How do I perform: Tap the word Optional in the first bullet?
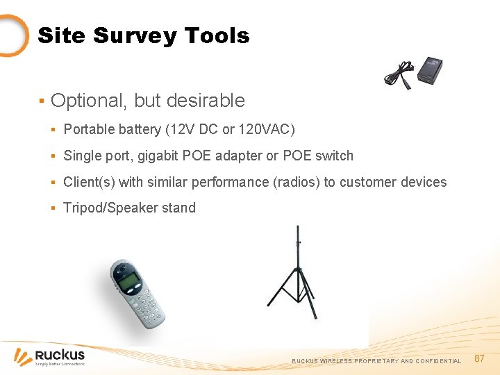tap(87, 101)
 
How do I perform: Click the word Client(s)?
tap(90, 182)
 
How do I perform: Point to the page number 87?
tap(479, 358)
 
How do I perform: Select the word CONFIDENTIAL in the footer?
tap(438, 361)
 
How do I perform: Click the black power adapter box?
tap(428, 69)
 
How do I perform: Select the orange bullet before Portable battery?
tap(53, 129)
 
